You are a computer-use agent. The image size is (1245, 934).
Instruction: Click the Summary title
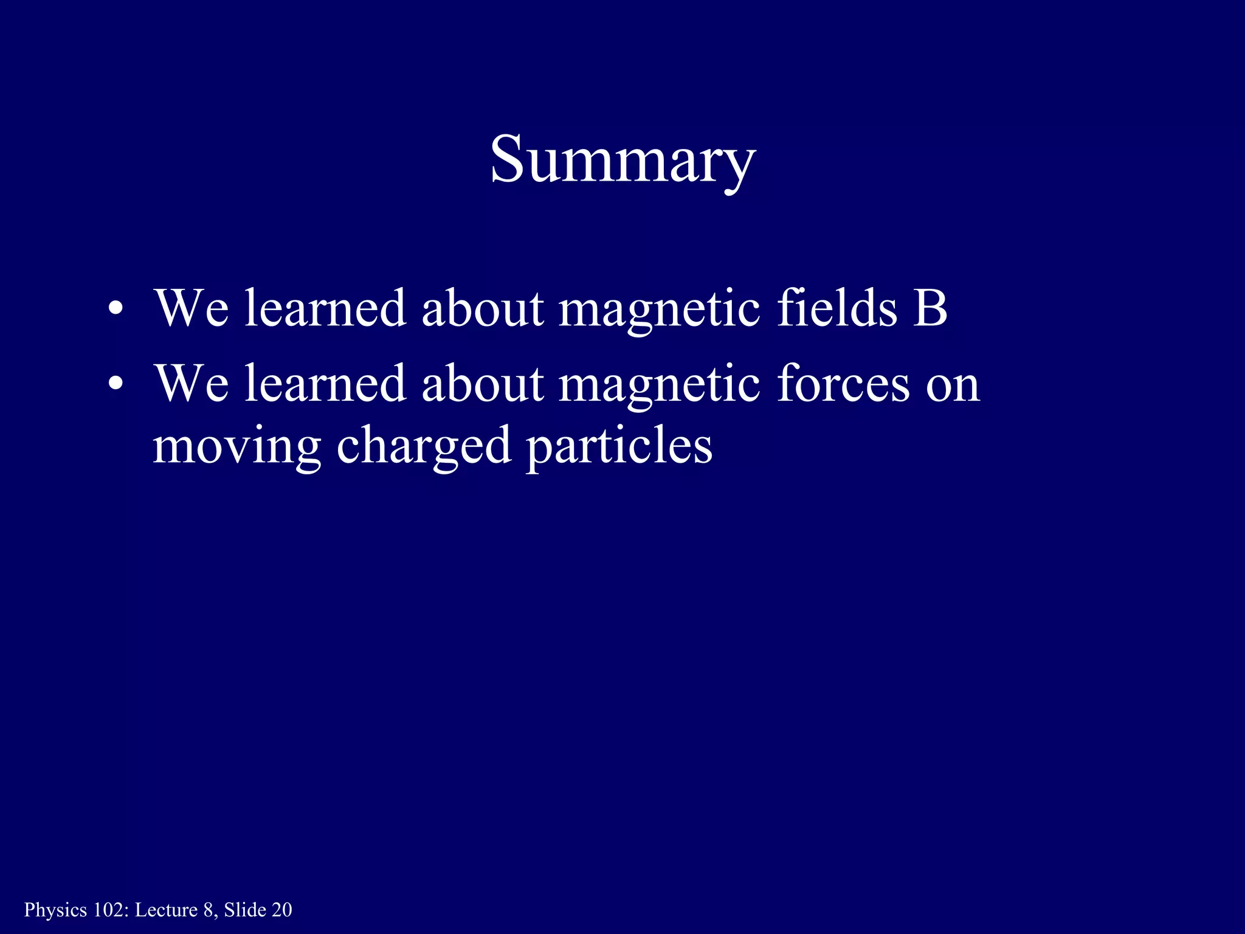(x=622, y=159)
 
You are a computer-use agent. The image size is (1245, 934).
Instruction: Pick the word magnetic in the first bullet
(x=659, y=309)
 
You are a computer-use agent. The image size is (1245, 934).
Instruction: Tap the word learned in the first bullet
(x=325, y=308)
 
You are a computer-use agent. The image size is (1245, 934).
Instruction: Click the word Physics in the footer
(x=55, y=910)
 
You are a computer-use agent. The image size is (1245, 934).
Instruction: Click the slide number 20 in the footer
(x=281, y=910)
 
